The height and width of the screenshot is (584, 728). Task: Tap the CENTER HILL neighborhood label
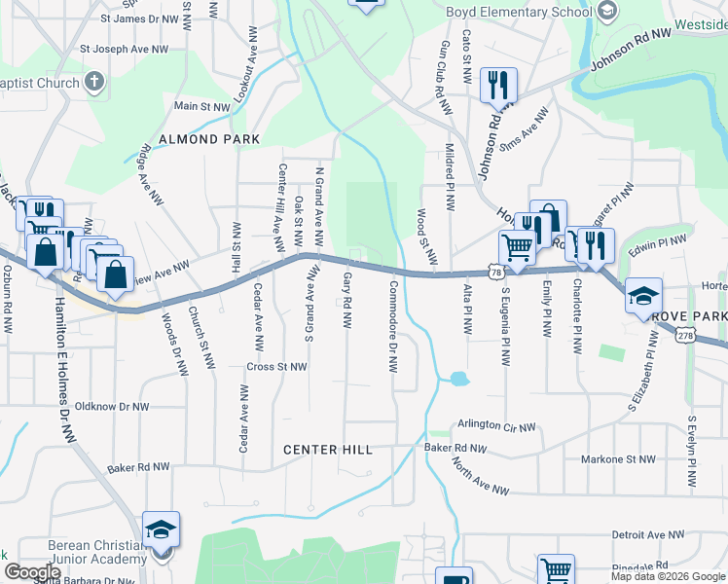pyautogui.click(x=327, y=450)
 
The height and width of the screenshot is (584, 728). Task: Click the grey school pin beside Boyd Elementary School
pyautogui.click(x=606, y=12)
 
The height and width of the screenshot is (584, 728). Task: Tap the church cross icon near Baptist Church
pyautogui.click(x=94, y=83)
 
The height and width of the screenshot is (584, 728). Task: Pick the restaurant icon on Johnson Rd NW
pyautogui.click(x=498, y=85)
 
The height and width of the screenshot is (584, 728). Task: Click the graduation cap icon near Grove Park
pyautogui.click(x=643, y=294)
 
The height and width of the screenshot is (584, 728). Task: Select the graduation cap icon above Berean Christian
pyautogui.click(x=161, y=529)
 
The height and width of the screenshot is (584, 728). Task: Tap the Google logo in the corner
pyautogui.click(x=32, y=571)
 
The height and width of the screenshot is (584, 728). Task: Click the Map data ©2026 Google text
pyautogui.click(x=667, y=576)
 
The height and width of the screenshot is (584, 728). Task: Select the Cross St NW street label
pyautogui.click(x=277, y=367)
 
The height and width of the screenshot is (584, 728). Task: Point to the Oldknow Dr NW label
pyautogui.click(x=112, y=407)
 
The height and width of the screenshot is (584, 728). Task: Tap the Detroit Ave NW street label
pyautogui.click(x=649, y=534)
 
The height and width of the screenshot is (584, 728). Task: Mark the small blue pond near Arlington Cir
pyautogui.click(x=458, y=378)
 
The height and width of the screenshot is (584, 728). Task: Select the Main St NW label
pyautogui.click(x=201, y=106)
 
